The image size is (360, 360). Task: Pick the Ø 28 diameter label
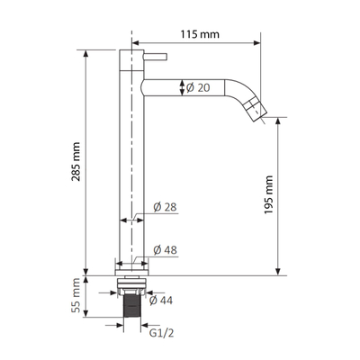167,208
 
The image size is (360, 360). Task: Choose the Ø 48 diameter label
167,249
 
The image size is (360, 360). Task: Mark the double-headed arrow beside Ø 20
184,87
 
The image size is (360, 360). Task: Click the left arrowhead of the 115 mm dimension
138,40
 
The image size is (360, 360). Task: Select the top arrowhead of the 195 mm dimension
280,120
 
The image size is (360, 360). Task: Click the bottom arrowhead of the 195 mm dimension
280,271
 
